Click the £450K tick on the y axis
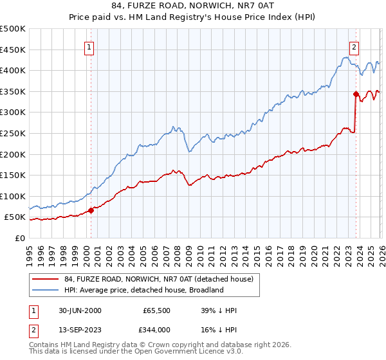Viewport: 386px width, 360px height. click(13, 50)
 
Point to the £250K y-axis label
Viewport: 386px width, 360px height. click(13, 133)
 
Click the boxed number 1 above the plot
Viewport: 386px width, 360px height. click(89, 46)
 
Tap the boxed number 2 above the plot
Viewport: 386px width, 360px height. click(354, 46)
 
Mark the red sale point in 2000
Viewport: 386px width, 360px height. click(91, 210)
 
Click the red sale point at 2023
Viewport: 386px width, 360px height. click(355, 94)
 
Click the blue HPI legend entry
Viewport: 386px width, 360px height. click(143, 290)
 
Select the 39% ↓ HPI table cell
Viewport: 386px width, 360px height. click(219, 310)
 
